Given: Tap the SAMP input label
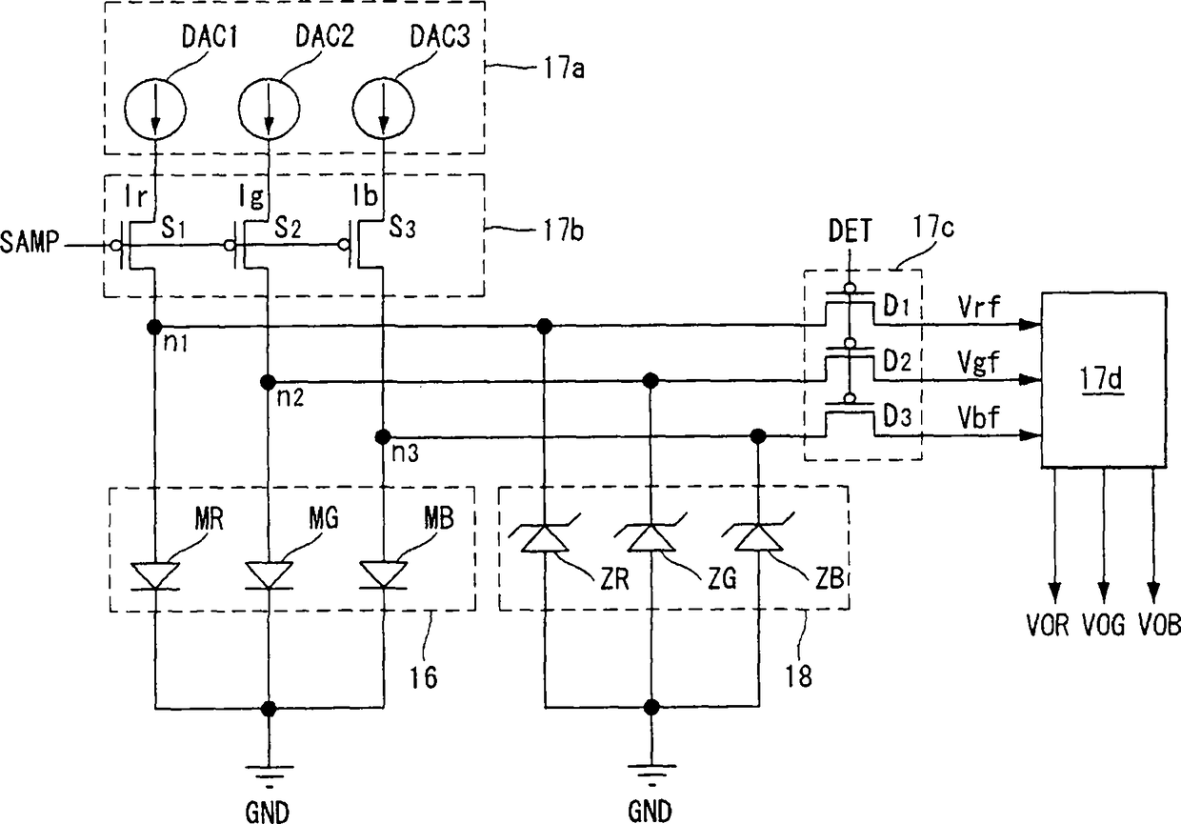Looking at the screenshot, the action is coord(29,242).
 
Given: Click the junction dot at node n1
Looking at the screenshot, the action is coord(154,327).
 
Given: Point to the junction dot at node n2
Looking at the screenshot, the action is coord(269,381).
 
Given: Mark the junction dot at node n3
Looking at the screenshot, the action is coord(383,436).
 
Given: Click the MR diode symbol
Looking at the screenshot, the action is coord(155,575).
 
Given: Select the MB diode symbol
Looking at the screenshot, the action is coord(383,575).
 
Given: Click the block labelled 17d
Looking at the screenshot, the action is coord(1104,379).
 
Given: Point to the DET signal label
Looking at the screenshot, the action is coord(850,231).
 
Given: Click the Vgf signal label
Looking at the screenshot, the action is coord(979,362).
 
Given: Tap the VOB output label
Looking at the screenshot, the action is coord(1159,625).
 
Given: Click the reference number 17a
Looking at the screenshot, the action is coord(564,69).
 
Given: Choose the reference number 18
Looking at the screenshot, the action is coord(798,676).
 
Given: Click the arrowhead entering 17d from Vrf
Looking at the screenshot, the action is coord(1030,324).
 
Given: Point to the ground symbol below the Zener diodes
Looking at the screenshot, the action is coord(651,774).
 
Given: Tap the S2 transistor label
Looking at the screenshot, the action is coord(288,229).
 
